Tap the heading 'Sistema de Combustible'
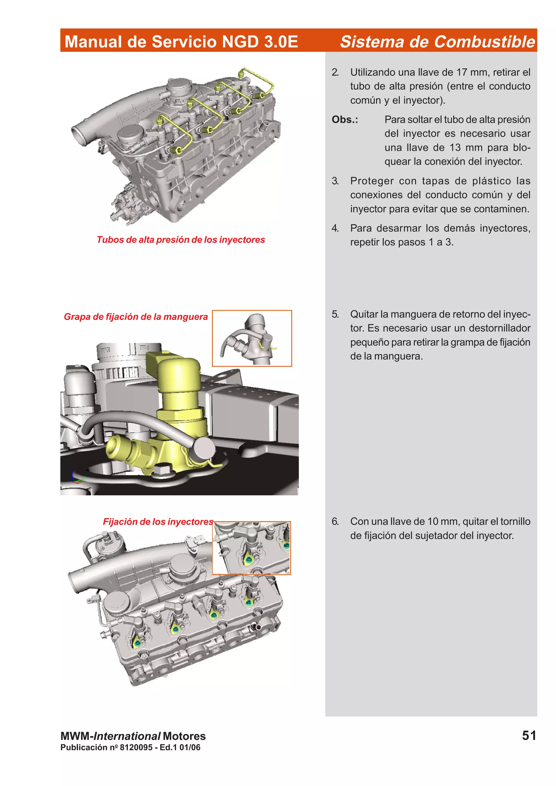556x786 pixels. (437, 41)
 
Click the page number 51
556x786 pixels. (529, 735)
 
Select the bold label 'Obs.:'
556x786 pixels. (345, 120)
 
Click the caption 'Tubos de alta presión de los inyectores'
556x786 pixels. (181, 240)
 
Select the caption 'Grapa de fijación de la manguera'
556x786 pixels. (136, 317)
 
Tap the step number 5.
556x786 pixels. (335, 314)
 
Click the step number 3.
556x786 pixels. (335, 181)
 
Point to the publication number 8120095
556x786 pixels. (136, 747)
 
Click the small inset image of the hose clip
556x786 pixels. (252, 338)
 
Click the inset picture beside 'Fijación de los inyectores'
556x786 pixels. (251, 548)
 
